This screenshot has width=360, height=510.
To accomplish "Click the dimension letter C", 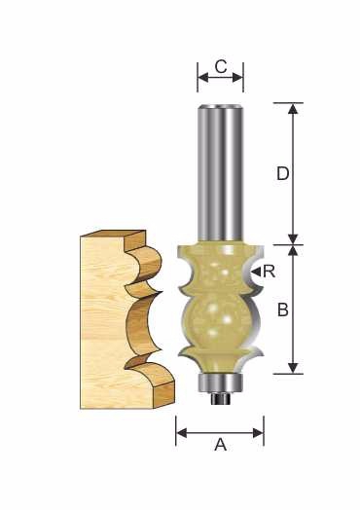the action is pyautogui.click(x=221, y=67).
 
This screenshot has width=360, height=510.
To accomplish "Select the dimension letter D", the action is pyautogui.click(x=282, y=173).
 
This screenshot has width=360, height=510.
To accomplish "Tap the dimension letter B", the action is pyautogui.click(x=283, y=310).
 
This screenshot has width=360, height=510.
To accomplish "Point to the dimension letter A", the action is pyautogui.click(x=220, y=445).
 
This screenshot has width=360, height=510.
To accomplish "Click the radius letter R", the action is pyautogui.click(x=270, y=271).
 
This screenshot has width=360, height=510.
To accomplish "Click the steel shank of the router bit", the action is pyautogui.click(x=220, y=172).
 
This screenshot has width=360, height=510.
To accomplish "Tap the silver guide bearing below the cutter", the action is pyautogui.click(x=221, y=383).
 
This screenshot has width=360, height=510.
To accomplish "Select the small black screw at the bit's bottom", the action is pyautogui.click(x=221, y=399).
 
